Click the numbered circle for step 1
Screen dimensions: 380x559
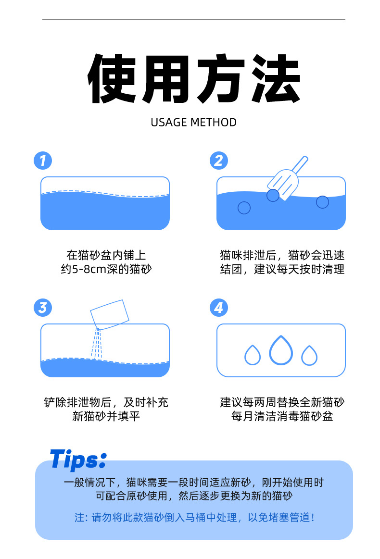pos(43,161)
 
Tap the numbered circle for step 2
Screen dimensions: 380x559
pos(219,161)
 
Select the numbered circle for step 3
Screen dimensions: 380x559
pos(43,308)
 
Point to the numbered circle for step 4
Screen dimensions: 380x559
pos(219,308)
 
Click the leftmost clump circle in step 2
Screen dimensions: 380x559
pos(244,208)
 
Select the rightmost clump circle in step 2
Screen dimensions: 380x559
pos(322,202)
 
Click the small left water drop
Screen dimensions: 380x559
pos(252,355)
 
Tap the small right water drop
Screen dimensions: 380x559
pos(309,356)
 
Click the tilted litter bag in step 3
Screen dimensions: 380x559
pos(110,314)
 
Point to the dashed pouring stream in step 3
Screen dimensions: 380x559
pos(97,343)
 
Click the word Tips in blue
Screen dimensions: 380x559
pos(78,459)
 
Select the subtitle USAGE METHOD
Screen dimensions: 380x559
pos(193,122)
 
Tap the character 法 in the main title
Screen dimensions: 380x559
pos(275,78)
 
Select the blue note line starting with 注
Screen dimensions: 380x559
pos(194,517)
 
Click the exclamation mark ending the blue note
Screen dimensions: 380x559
pos(313,517)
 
